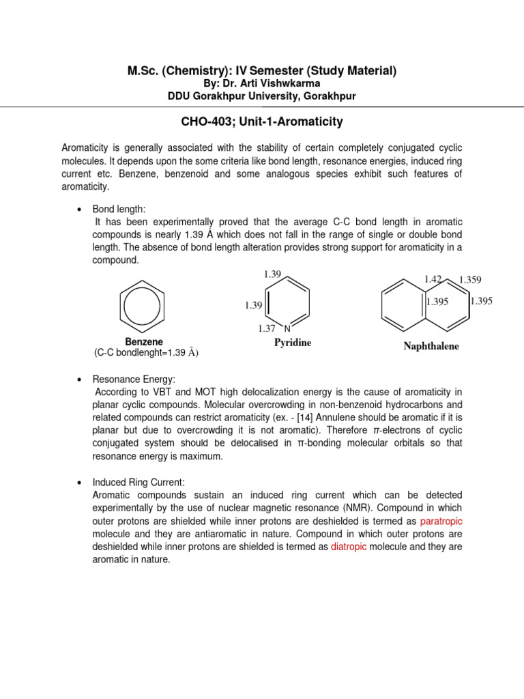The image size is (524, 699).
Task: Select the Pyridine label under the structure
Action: (x=293, y=343)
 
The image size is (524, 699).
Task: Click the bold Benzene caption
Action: (x=144, y=341)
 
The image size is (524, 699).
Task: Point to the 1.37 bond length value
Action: (x=267, y=328)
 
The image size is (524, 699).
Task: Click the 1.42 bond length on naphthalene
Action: (x=433, y=279)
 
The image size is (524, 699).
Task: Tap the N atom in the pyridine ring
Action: (x=287, y=328)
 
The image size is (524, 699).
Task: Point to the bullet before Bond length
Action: (x=80, y=210)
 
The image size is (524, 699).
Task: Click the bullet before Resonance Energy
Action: (x=80, y=378)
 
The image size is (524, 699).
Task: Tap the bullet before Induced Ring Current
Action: (x=80, y=482)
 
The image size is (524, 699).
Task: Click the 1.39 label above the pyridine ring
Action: (x=272, y=274)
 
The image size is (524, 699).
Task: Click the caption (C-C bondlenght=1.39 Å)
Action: (x=146, y=352)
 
